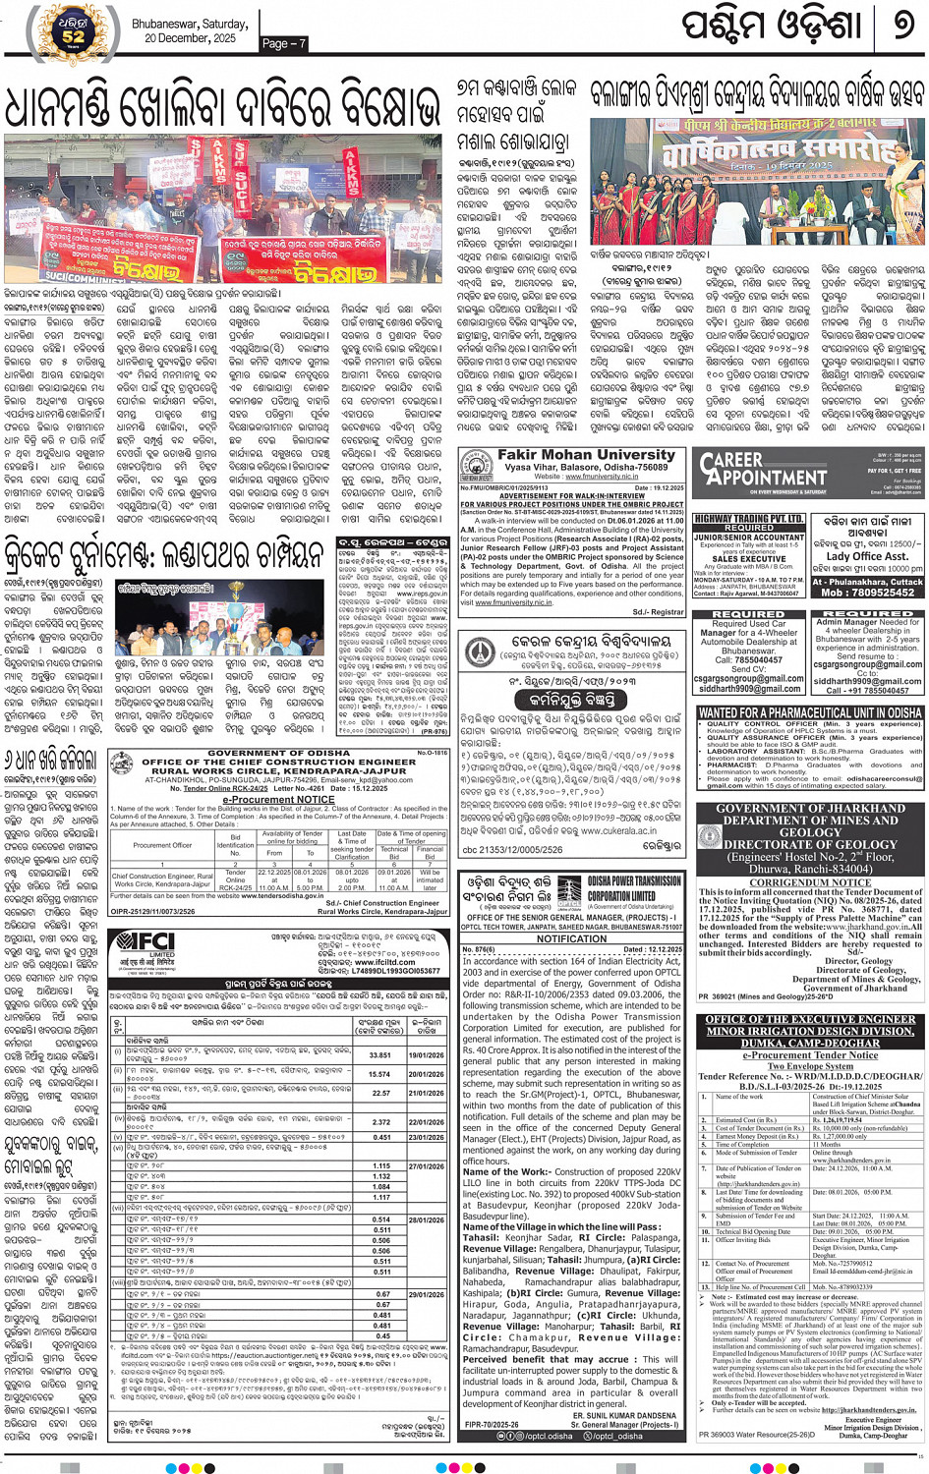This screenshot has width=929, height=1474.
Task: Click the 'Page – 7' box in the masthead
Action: pyautogui.click(x=285, y=42)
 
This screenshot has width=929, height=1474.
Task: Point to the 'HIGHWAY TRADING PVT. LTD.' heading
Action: pyautogui.click(x=749, y=518)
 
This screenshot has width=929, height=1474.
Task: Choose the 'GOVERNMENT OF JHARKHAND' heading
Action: pyautogui.click(x=810, y=809)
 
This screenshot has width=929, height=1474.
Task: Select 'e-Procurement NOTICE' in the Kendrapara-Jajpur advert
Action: pyautogui.click(x=278, y=799)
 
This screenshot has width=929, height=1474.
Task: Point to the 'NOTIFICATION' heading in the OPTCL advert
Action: pyautogui.click(x=571, y=937)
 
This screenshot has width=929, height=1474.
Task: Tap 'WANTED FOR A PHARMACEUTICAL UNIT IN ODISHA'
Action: pyautogui.click(x=810, y=712)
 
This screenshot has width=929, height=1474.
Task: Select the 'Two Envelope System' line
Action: pyautogui.click(x=810, y=1065)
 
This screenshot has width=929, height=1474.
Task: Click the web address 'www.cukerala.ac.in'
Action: pyautogui.click(x=593, y=830)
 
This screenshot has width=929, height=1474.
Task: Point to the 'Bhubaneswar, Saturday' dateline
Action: pyautogui.click(x=190, y=24)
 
